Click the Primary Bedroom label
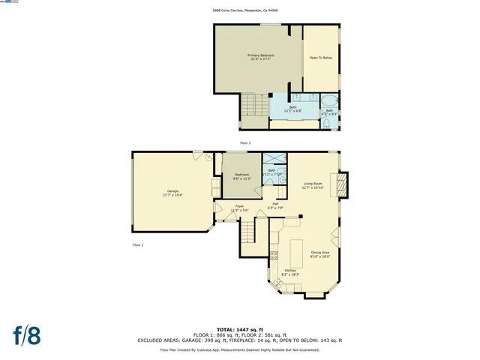[x=261, y=57]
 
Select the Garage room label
[x=172, y=193]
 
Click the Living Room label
[x=313, y=185]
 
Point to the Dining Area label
[x=320, y=254]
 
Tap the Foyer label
[x=239, y=208]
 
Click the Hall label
[x=275, y=205]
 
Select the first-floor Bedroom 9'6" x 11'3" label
[x=241, y=177]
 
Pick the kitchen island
[x=295, y=248]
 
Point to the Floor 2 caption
[x=245, y=142]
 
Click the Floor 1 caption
[x=137, y=245]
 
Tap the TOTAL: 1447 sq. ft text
[x=239, y=329]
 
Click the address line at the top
[x=239, y=11]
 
